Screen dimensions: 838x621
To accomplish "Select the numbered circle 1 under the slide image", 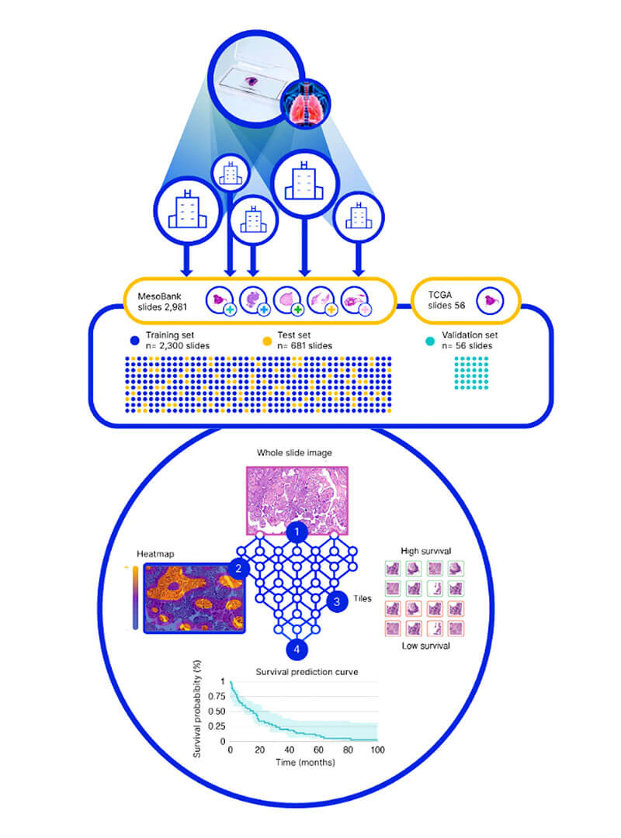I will click(297, 532).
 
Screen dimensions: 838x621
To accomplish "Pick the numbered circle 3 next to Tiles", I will click(336, 600).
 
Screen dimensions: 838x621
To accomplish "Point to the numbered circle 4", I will click(297, 648).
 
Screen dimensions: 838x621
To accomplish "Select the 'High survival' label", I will click(420, 550).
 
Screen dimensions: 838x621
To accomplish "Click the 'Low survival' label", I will click(420, 645).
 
